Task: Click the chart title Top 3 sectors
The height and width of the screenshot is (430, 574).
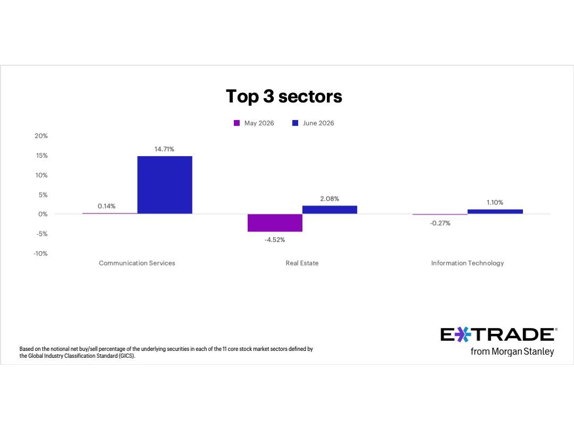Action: point(284,97)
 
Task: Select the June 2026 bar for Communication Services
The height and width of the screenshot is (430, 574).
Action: point(165,185)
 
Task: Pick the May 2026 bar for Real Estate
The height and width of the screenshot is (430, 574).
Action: point(275,222)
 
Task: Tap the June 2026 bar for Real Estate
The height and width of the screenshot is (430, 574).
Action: point(330,210)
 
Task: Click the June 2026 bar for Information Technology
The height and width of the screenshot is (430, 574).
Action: point(495,212)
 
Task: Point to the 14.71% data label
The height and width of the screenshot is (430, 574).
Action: point(164,149)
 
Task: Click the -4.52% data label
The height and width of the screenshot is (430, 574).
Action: point(275,240)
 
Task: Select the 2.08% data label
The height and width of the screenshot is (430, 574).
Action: point(330,199)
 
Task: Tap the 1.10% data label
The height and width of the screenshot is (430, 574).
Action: point(495,203)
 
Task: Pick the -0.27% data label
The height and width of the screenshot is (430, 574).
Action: point(440,223)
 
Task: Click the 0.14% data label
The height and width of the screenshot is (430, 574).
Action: point(106,206)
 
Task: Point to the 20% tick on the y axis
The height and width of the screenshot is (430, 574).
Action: point(41,136)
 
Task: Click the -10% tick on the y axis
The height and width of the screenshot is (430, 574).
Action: point(40,254)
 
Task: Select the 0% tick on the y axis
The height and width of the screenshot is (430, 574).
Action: point(43,214)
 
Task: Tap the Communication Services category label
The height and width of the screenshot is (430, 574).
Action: point(137,263)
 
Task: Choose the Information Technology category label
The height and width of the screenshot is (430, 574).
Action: point(468,263)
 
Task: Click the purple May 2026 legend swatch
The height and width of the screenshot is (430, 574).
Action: point(237,123)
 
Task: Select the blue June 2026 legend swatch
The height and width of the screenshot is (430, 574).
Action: point(295,123)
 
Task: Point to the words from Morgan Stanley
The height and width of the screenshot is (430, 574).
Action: point(512,352)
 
